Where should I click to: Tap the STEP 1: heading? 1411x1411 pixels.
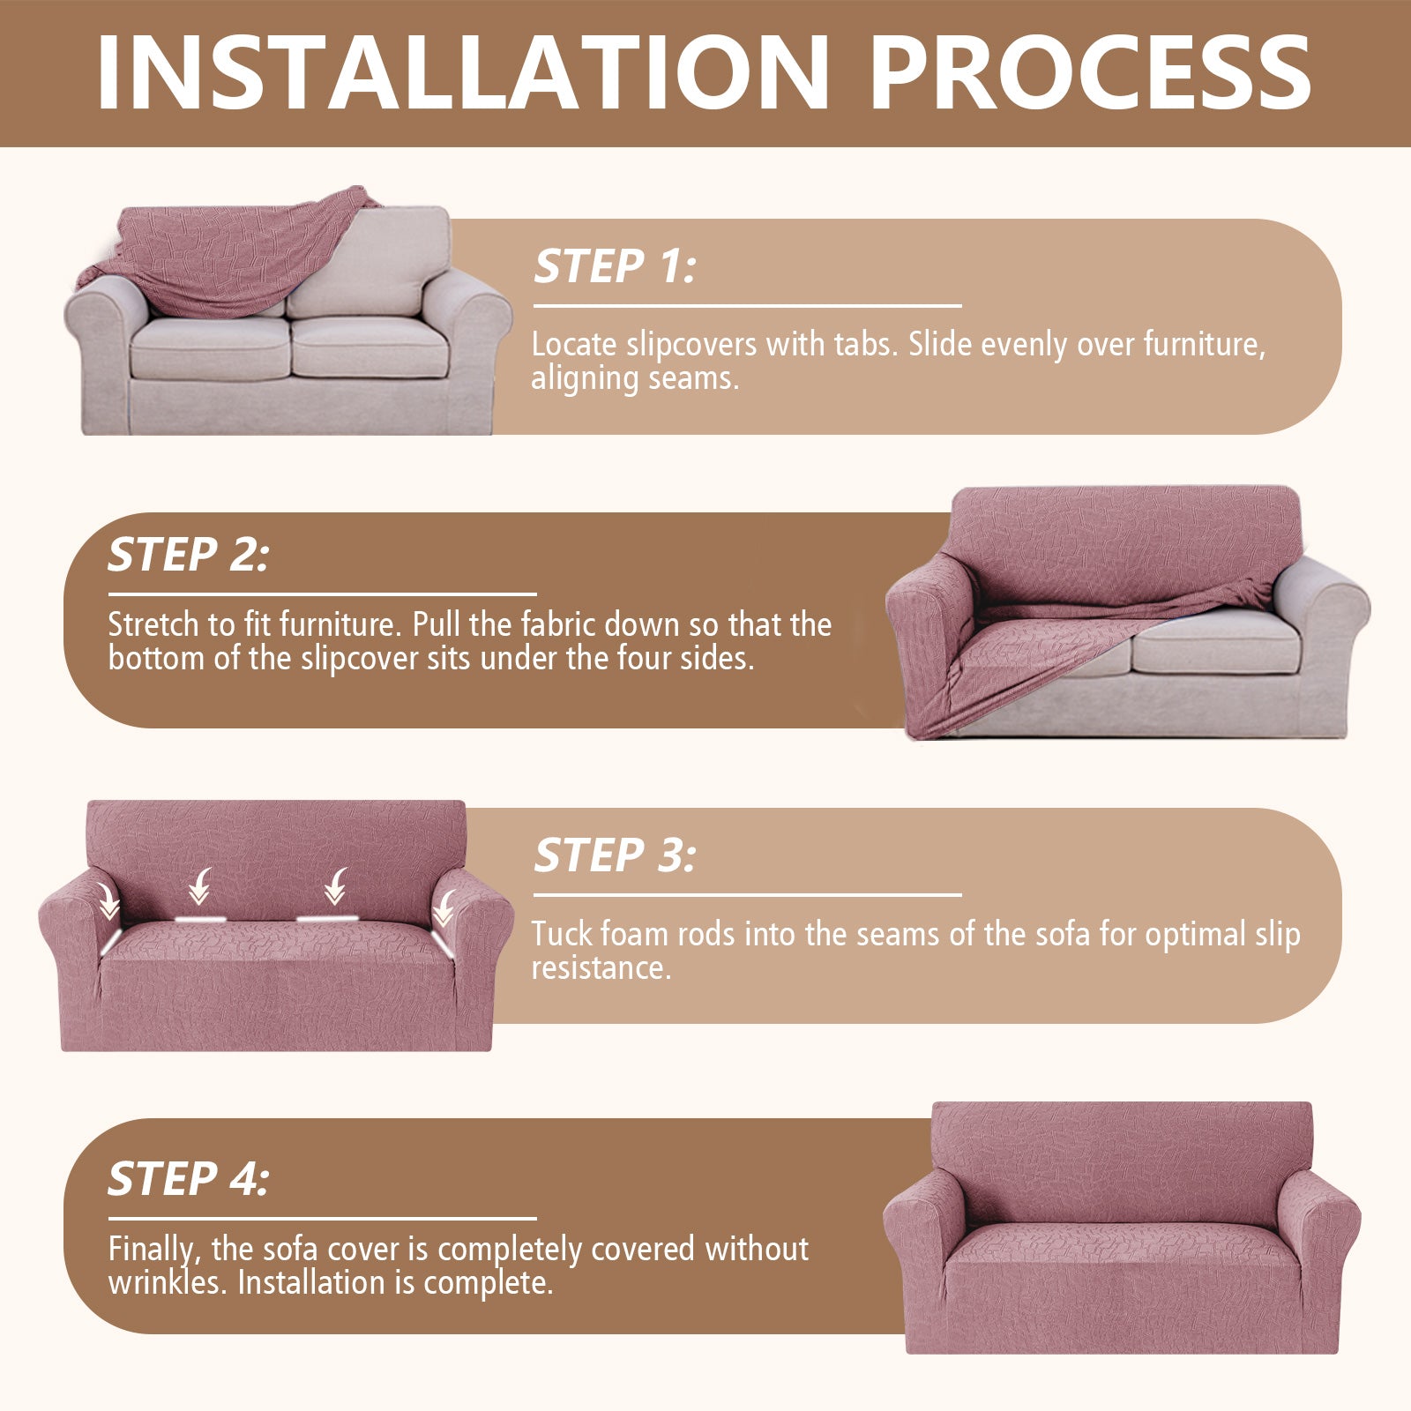tap(615, 266)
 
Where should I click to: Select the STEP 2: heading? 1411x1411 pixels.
tap(189, 555)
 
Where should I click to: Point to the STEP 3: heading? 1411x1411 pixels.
tap(615, 855)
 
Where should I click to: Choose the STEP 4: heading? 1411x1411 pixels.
tap(189, 1179)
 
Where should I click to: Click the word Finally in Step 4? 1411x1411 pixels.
tap(152, 1249)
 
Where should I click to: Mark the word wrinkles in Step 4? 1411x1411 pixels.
tap(168, 1282)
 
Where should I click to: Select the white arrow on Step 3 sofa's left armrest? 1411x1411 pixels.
tap(109, 901)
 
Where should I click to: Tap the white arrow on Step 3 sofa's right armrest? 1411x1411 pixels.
tap(444, 907)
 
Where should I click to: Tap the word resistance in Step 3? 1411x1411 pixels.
tap(600, 968)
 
